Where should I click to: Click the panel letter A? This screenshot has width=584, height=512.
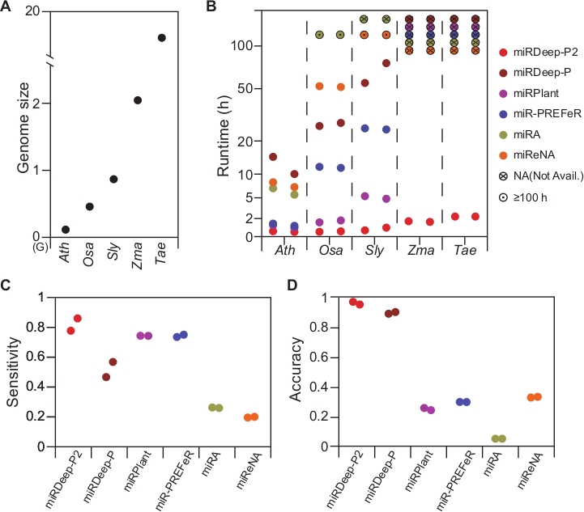(x=6, y=7)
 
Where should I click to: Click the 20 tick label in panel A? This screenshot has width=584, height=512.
(x=32, y=11)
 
